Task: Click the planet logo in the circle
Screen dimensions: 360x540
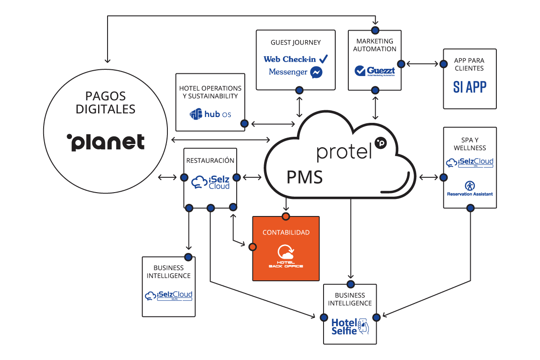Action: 106,142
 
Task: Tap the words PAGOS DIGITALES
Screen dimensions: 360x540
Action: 106,103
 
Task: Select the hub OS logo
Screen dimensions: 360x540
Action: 211,114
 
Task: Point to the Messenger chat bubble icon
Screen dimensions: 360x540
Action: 316,72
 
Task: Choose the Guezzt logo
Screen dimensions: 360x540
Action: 375,71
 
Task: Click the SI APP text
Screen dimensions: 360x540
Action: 469,87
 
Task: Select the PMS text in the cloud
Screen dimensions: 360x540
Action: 305,177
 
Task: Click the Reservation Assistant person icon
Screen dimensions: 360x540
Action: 469,185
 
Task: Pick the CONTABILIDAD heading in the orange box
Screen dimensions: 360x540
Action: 286,233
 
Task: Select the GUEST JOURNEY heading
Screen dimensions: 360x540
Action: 296,42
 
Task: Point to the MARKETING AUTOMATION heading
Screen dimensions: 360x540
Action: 375,45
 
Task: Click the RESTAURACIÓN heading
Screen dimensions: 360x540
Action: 210,160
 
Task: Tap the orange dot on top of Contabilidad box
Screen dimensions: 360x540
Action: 285,216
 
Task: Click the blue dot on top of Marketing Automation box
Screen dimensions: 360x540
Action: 375,30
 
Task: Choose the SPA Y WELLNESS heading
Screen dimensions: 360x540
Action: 470,144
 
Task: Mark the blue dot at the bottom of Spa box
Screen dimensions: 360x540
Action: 470,208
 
